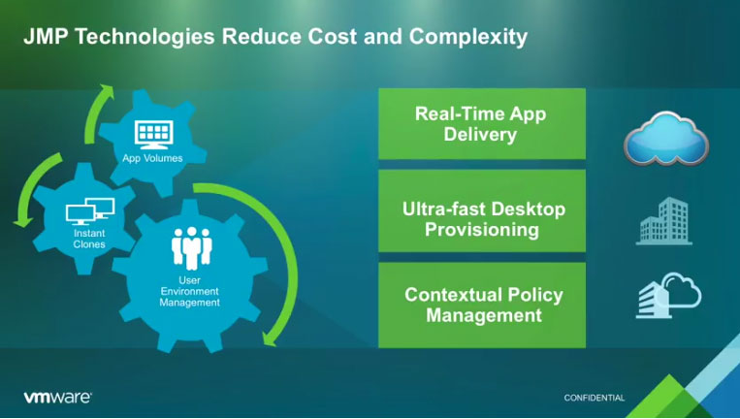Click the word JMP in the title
[47, 36]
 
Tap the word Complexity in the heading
[467, 38]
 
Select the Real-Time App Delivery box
[482, 123]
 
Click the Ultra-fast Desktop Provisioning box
[482, 210]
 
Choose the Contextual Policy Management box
[482, 306]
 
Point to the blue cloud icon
[666, 138]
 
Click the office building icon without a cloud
[664, 221]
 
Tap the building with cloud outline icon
[668, 296]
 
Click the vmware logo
[57, 398]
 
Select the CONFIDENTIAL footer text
[595, 398]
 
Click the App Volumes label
[152, 158]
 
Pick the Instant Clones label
[89, 239]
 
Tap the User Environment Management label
[189, 291]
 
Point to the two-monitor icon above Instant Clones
[90, 211]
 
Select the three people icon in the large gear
[192, 247]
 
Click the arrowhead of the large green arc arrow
[269, 338]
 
